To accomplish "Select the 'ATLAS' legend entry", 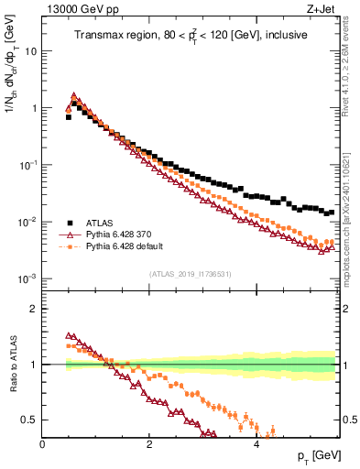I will click(101, 223).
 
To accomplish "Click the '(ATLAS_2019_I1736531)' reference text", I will click(191, 274).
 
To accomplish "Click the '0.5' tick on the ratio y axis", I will click(30, 420).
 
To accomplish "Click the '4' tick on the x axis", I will click(256, 444).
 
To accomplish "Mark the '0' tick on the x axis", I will click(43, 444).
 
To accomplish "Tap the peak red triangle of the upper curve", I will click(74, 96).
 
